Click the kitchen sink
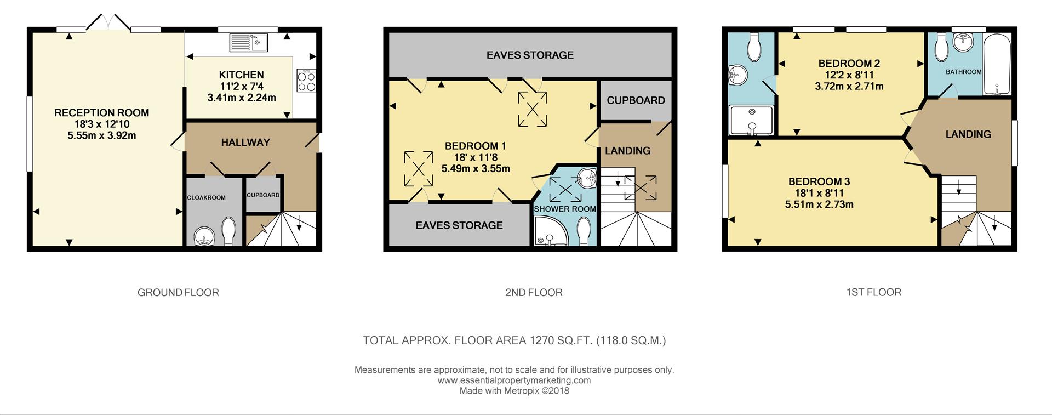pos(248,42)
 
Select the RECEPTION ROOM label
pos(102,113)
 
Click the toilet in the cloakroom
pos(228,230)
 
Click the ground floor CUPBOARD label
pos(263,195)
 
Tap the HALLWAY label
pos(245,143)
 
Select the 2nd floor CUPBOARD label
pos(636,100)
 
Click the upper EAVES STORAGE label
pos(530,55)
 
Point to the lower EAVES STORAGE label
pos(459,225)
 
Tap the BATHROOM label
pos(963,72)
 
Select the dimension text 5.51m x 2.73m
pos(819,204)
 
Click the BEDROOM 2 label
pos(849,64)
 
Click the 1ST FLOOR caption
pos(873,292)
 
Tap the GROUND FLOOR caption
pos(178,293)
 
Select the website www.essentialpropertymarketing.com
pos(514,380)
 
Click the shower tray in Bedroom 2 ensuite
pos(751,120)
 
